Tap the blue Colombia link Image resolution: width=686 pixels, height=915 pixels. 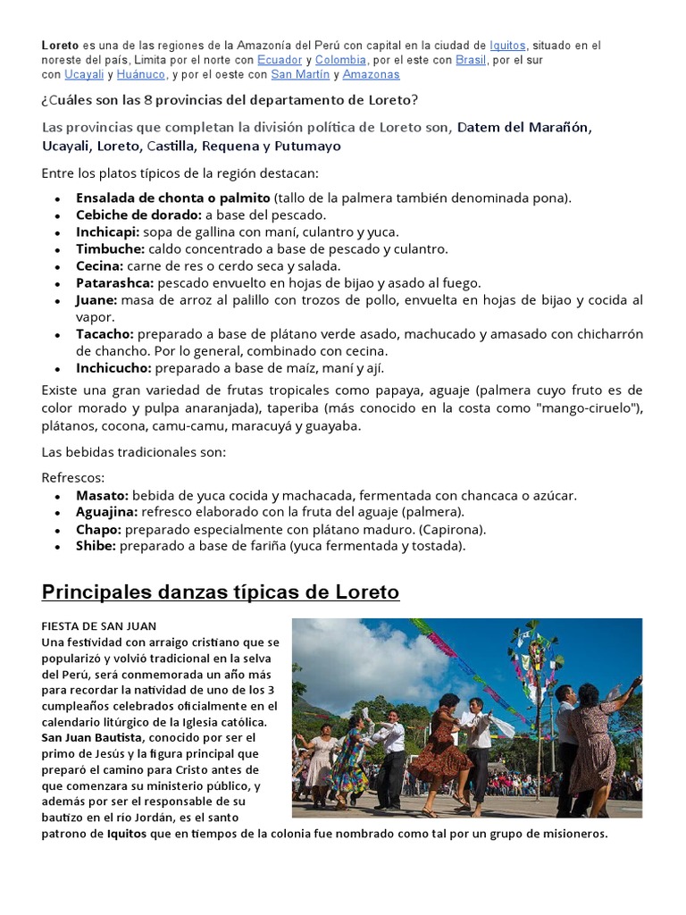coord(341,60)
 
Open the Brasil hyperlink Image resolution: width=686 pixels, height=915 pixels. coord(471,60)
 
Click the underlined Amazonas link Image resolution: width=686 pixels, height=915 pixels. coord(372,75)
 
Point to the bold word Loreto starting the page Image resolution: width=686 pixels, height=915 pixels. coord(61,45)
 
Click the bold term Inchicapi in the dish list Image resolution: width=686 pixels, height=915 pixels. coord(108,231)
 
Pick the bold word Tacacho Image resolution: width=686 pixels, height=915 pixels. coord(105,333)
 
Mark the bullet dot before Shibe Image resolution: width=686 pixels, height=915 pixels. coord(58,546)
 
